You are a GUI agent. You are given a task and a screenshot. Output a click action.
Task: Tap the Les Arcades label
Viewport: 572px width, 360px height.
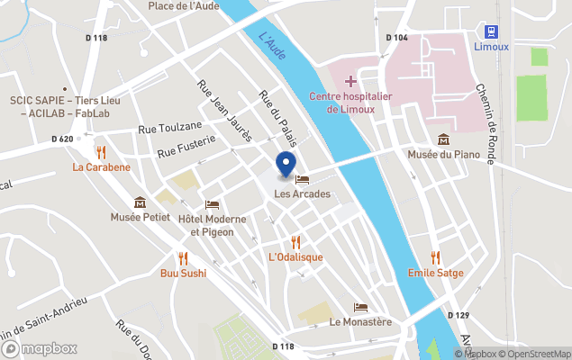[302, 193]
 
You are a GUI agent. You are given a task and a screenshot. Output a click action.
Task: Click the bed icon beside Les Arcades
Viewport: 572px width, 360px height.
[302, 179]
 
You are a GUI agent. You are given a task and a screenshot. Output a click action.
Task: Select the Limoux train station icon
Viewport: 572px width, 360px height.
[491, 31]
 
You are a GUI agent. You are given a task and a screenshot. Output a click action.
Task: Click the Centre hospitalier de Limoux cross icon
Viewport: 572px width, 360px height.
[350, 82]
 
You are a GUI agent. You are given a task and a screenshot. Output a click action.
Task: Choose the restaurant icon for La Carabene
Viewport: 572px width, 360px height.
[101, 152]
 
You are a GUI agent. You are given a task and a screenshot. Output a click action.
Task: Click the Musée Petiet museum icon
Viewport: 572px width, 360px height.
[140, 202]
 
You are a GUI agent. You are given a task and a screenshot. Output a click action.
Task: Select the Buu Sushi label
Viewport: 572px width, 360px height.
[183, 273]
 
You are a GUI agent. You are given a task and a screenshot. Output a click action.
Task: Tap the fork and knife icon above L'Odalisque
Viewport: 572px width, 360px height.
[295, 241]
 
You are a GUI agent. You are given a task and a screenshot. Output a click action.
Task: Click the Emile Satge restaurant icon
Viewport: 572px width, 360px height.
[436, 257]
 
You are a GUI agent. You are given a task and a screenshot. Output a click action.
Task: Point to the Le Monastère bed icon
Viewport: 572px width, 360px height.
[360, 307]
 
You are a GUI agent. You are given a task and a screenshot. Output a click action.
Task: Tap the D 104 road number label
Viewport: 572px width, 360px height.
[396, 38]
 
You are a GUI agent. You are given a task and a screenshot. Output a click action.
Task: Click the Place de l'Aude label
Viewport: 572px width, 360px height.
[184, 6]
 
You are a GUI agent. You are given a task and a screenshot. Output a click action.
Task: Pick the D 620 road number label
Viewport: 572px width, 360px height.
[62, 139]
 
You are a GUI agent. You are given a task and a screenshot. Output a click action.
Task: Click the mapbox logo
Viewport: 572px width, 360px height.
[40, 348]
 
